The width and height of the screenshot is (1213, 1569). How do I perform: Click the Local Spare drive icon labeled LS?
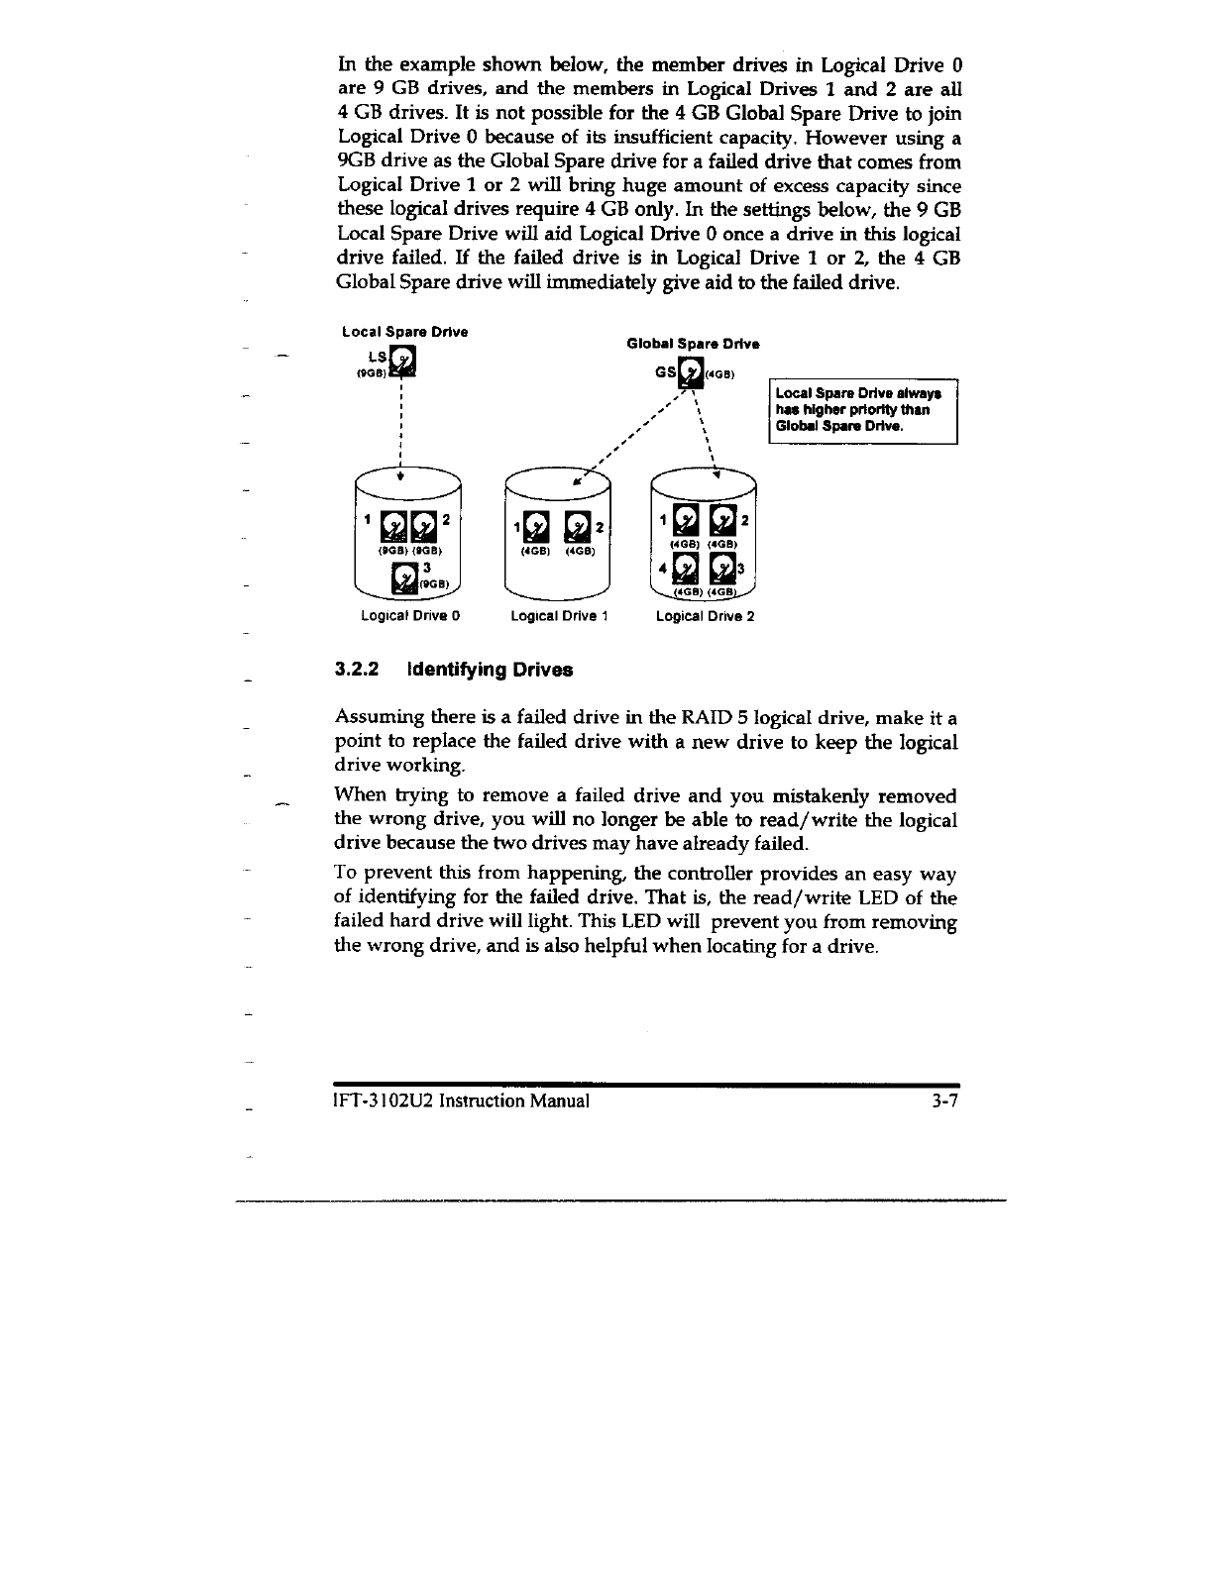[403, 363]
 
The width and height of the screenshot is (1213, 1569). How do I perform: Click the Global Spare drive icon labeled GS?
[690, 375]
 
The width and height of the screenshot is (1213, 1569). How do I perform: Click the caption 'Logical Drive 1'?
[558, 616]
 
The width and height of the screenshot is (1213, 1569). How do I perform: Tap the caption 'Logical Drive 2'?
[705, 616]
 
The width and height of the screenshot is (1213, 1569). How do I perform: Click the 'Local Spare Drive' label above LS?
[404, 331]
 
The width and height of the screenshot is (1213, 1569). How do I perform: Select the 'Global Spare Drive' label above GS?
[693, 344]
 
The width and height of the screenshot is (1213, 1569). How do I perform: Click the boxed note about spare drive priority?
[862, 410]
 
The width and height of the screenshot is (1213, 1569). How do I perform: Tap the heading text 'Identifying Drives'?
[489, 670]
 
